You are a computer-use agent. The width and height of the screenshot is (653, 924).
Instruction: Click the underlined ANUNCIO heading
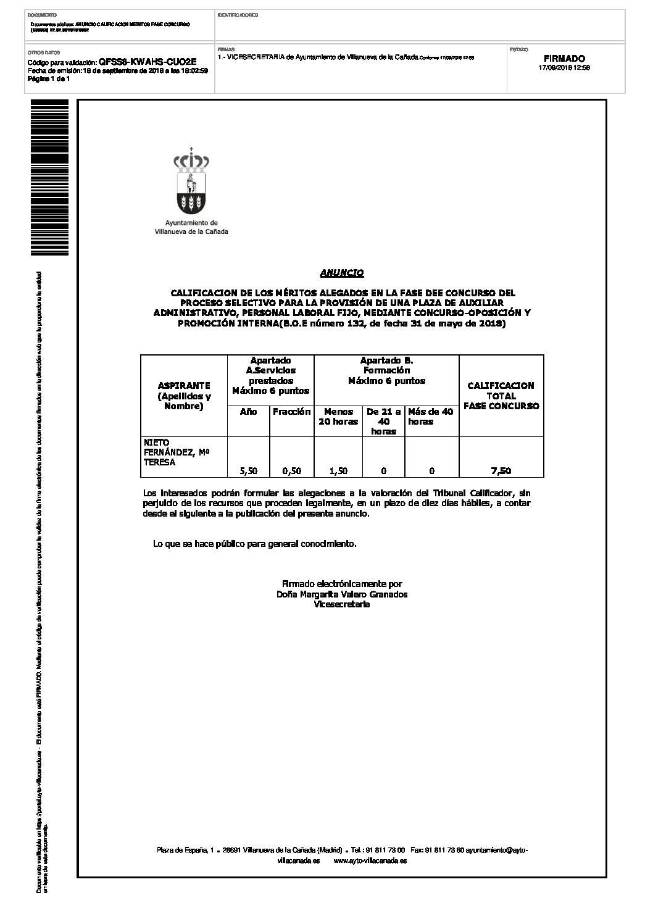pyautogui.click(x=341, y=273)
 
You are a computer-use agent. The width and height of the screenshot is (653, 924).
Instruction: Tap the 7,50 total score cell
pyautogui.click(x=501, y=471)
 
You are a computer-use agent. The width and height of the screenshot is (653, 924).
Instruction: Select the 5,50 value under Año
pyautogui.click(x=248, y=471)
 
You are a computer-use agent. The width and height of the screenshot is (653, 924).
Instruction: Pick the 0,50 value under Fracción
pyautogui.click(x=291, y=471)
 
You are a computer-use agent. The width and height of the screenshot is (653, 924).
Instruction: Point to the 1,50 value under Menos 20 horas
pyautogui.click(x=338, y=471)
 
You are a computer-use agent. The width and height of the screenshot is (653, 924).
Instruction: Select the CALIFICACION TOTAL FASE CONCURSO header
pyautogui.click(x=501, y=396)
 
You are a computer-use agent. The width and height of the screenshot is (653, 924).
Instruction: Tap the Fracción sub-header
pyautogui.click(x=291, y=412)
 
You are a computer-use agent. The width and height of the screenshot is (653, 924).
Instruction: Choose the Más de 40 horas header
pyautogui.click(x=431, y=417)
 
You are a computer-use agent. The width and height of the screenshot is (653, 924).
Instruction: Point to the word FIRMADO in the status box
pyautogui.click(x=564, y=59)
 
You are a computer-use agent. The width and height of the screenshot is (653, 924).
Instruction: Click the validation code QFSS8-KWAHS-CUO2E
pyautogui.click(x=148, y=62)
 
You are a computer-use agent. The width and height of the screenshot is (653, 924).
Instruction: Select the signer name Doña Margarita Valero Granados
pyautogui.click(x=342, y=594)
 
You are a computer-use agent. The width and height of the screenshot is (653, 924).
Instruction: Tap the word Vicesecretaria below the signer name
pyautogui.click(x=342, y=605)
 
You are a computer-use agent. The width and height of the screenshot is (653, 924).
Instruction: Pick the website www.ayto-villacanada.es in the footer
pyautogui.click(x=370, y=860)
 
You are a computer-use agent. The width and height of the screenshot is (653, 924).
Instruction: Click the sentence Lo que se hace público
pyautogui.click(x=254, y=544)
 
